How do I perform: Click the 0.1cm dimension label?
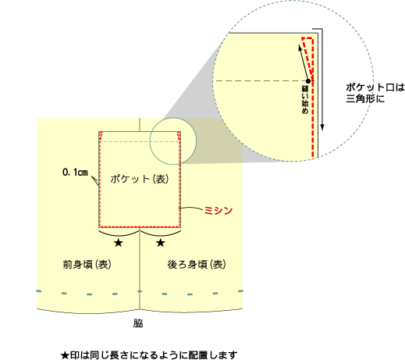75,173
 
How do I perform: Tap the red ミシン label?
218,210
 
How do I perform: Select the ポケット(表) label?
140,179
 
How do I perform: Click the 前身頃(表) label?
87,265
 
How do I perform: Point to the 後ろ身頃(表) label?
197,265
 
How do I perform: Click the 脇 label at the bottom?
138,323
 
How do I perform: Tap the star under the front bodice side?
119,243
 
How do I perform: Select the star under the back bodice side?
161,243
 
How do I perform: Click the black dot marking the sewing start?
308,81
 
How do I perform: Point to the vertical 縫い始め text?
305,99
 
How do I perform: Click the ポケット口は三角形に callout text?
375,93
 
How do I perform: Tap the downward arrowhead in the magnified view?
322,127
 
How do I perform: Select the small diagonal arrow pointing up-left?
304,62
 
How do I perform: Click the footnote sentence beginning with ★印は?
149,355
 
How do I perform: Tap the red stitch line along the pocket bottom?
140,226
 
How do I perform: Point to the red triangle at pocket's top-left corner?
101,136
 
